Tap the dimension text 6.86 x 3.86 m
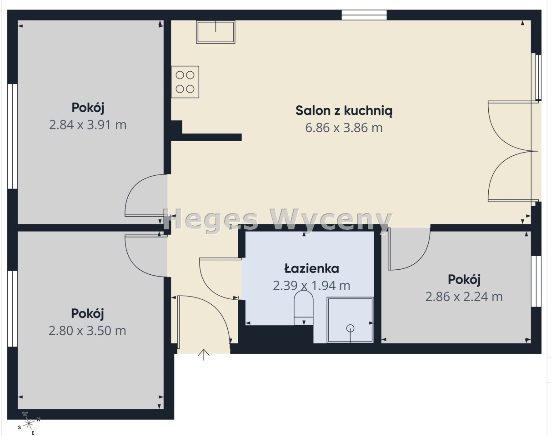[344, 128]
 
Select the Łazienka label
[311, 268]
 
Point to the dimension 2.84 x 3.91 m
[88, 125]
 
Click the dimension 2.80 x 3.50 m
[87, 331]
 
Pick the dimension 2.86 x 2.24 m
[464, 297]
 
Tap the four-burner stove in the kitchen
[185, 82]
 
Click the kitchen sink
[215, 32]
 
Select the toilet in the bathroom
[304, 308]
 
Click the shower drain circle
[350, 328]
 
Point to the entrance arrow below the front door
[204, 355]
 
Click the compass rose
[29, 424]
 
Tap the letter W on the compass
[25, 414]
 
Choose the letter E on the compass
[33, 433]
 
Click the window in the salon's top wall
[364, 15]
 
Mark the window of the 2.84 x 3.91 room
[12, 136]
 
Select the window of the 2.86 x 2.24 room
[536, 281]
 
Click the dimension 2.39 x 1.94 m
[311, 286]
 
